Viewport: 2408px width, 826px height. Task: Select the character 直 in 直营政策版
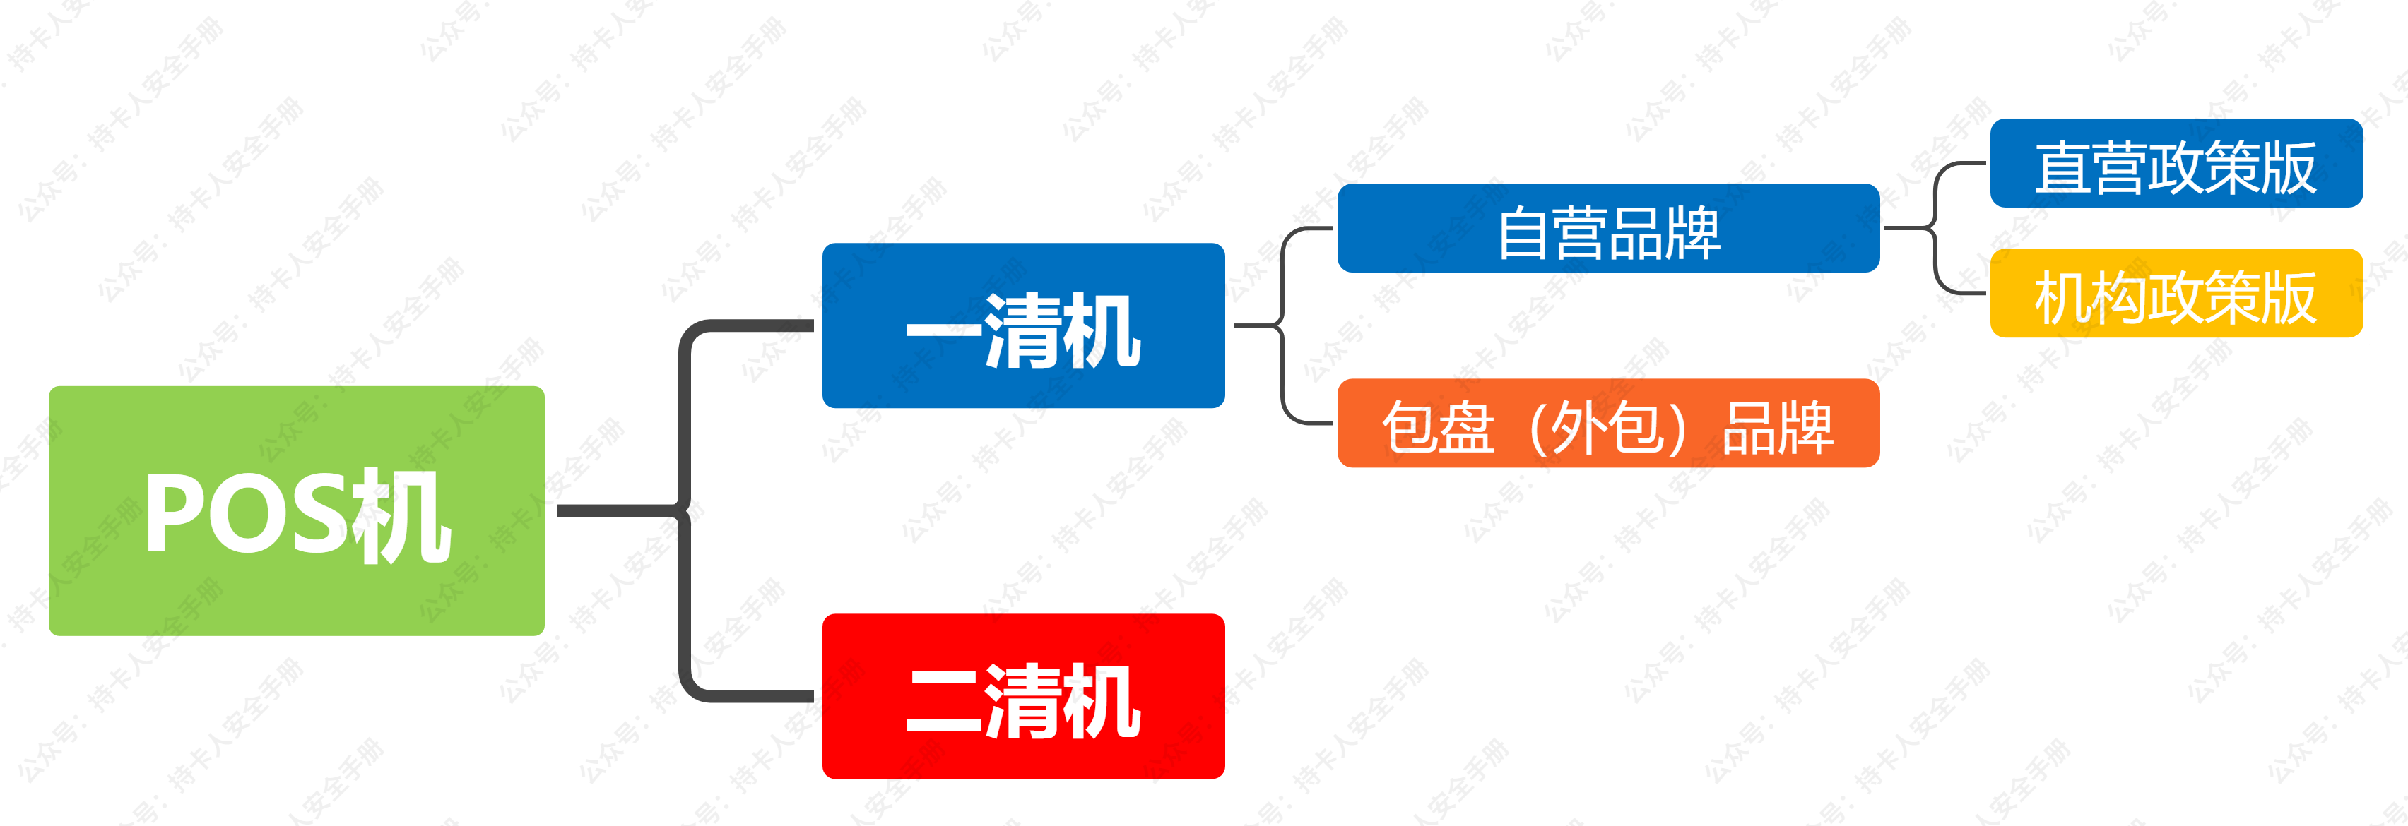(x=2063, y=168)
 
